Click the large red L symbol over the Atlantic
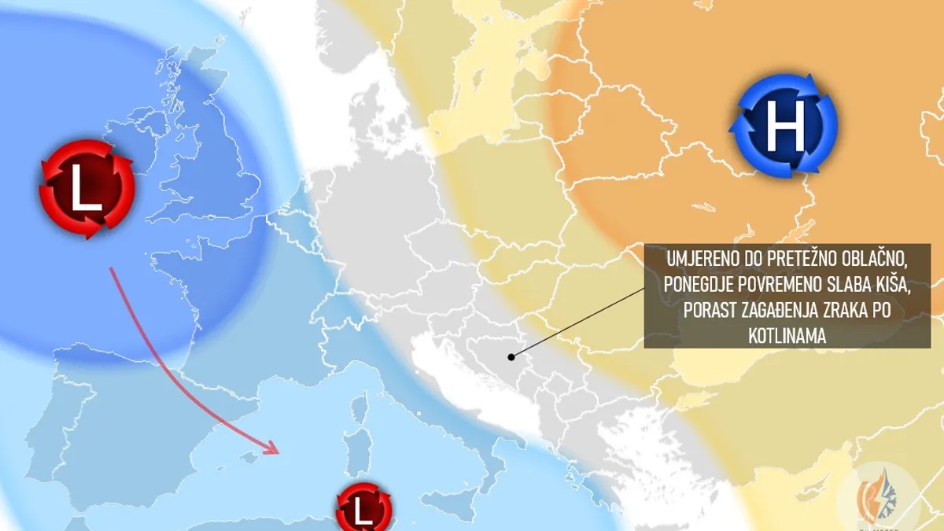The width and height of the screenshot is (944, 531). pos(87,190)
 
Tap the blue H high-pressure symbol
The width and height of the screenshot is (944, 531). pos(784,125)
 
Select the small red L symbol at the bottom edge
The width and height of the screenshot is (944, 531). pos(363,510)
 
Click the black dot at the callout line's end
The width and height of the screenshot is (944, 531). pos(511,356)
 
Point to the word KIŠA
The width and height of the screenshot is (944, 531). pos(891,285)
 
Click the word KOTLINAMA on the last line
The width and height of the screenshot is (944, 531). pos(787,336)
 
